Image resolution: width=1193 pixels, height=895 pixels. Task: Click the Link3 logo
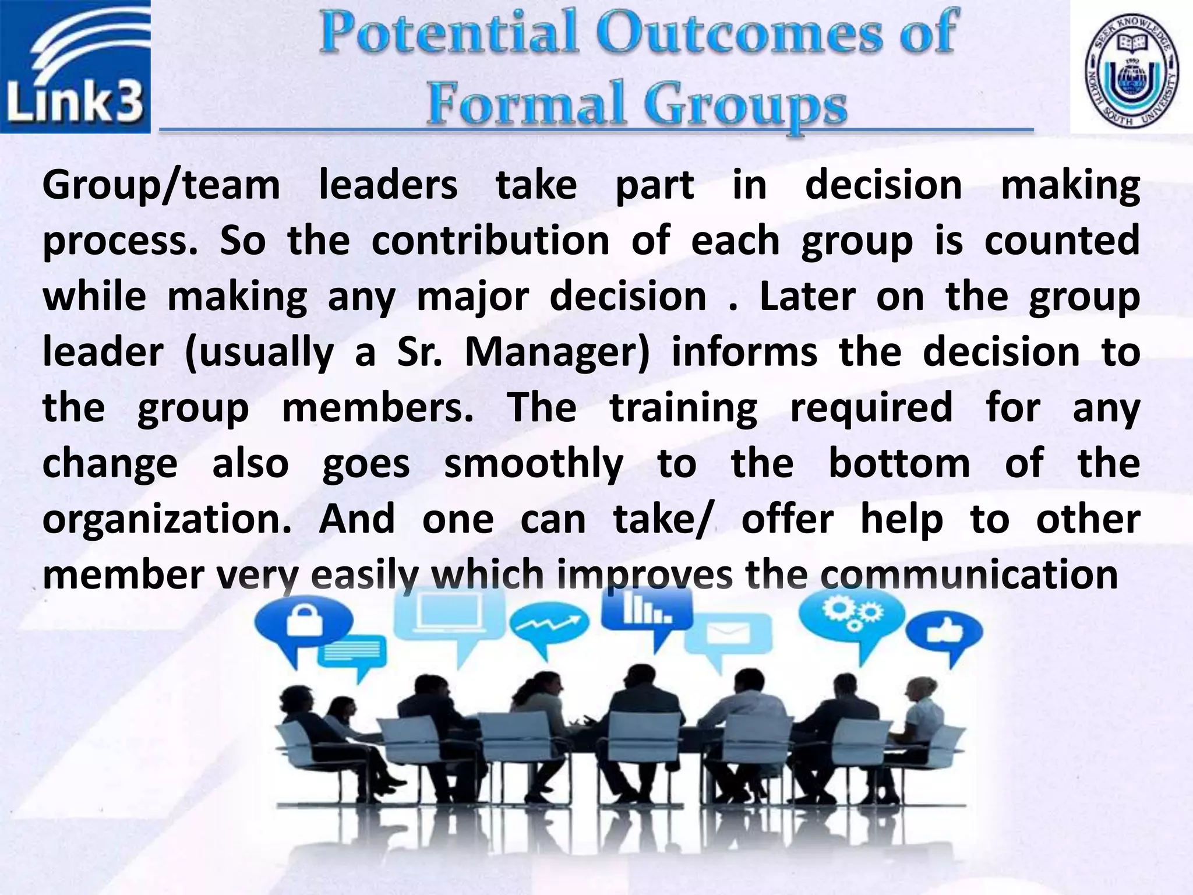(x=75, y=66)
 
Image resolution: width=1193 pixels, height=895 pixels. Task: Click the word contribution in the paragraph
(x=490, y=241)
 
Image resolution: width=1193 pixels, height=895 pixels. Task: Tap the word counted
(x=1061, y=241)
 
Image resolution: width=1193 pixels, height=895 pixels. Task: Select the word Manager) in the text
(x=556, y=353)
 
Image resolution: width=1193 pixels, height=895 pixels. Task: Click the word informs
(x=744, y=353)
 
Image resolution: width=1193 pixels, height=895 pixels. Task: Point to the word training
(x=683, y=407)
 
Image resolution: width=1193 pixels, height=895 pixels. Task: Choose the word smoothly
(x=534, y=464)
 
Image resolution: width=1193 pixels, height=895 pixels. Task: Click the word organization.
(x=167, y=520)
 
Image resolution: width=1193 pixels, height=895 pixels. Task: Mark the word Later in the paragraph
(x=807, y=297)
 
